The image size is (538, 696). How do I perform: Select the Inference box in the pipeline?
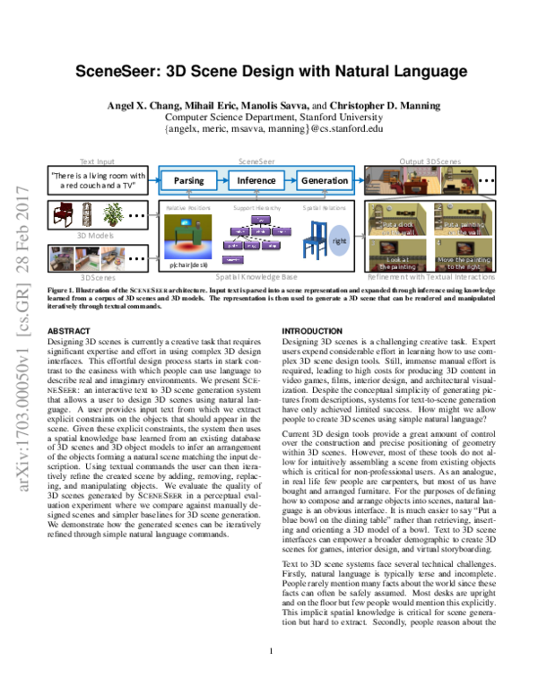pos(256,180)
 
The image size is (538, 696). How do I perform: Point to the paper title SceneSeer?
pos(269,73)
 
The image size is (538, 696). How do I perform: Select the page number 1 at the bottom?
pos(269,676)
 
